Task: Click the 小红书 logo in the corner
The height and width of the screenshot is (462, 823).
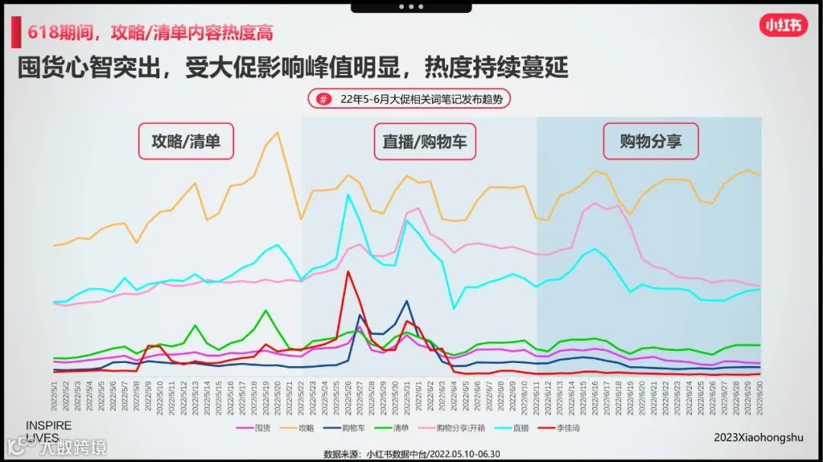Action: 783,25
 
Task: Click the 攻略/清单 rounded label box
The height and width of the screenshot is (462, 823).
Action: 185,141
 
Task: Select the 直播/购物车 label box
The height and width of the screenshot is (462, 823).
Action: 424,141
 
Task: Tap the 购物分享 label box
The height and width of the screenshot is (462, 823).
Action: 650,141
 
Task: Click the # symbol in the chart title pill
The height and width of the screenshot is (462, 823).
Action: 324,99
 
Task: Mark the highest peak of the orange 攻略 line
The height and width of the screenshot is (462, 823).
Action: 277,132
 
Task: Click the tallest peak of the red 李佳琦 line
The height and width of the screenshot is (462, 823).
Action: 347,271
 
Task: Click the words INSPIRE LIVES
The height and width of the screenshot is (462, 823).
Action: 49,432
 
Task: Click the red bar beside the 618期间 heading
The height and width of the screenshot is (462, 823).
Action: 15,33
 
